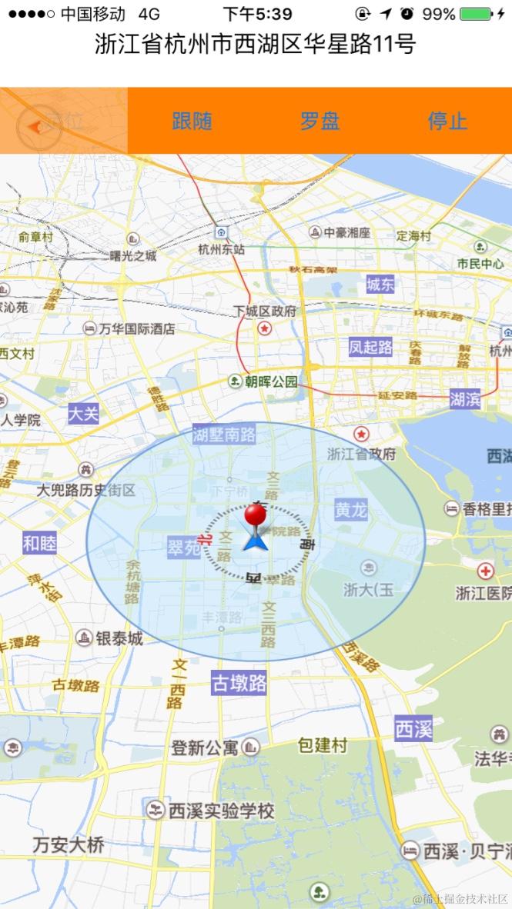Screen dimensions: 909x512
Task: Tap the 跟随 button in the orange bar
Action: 192,121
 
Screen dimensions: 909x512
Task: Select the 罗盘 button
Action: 320,121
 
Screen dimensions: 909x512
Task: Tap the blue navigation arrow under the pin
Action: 255,541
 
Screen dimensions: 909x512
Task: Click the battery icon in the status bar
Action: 476,14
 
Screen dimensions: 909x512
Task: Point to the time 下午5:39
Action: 257,14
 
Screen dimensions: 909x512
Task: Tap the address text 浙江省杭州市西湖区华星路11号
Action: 256,45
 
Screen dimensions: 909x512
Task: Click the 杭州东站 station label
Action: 221,248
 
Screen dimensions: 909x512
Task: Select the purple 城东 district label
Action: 380,285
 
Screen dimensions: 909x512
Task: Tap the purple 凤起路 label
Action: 370,347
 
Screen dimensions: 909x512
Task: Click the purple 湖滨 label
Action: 465,398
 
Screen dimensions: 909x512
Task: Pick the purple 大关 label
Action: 83,413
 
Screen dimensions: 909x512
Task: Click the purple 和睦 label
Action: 39,544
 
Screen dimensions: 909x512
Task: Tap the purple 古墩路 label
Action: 239,683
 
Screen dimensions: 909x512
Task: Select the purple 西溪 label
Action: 413,728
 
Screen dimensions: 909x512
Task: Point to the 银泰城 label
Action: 119,638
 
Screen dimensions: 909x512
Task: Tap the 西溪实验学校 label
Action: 221,811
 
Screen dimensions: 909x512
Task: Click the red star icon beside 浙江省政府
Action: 361,435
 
